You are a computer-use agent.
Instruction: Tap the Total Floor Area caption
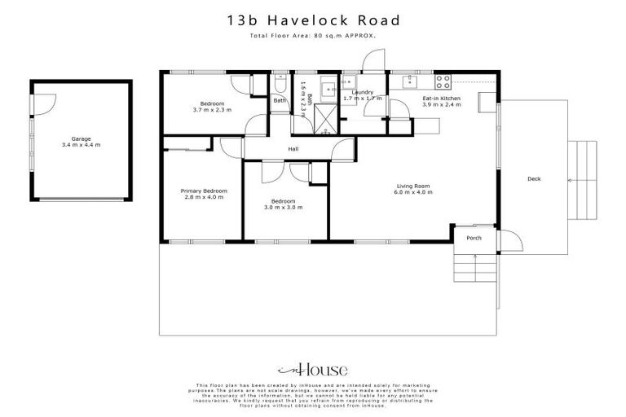[x=312, y=38]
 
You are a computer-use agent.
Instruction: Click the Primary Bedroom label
[x=203, y=191]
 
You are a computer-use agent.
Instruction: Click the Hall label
[x=293, y=149]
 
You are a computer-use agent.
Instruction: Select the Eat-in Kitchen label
[x=441, y=99]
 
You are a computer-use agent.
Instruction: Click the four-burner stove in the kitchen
[x=443, y=81]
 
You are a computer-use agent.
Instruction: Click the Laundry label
[x=362, y=93]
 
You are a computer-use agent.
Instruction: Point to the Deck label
[x=534, y=179]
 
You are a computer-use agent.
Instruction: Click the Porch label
[x=474, y=239]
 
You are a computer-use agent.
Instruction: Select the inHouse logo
[x=312, y=368]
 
